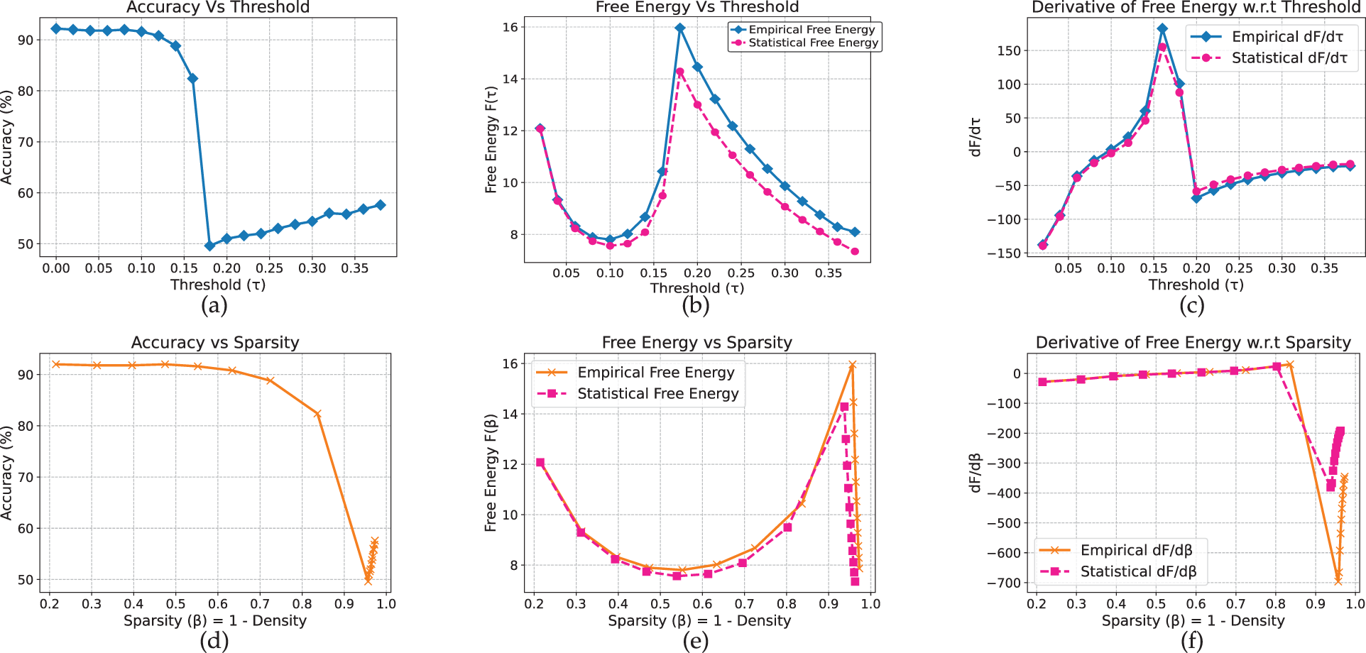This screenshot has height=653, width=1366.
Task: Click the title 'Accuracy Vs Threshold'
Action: click(218, 8)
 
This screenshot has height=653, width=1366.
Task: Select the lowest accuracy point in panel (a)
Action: click(209, 246)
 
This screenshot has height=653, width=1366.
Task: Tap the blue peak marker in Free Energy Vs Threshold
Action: click(680, 28)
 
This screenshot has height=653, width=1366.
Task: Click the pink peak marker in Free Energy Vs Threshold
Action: click(680, 72)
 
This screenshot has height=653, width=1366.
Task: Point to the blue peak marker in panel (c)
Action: click(1162, 29)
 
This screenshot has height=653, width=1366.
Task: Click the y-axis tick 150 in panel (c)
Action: click(1008, 50)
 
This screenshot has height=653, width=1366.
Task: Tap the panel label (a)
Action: click(214, 306)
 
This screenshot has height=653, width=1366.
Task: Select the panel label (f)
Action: click(1191, 642)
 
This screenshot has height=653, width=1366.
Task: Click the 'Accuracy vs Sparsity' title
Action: click(215, 343)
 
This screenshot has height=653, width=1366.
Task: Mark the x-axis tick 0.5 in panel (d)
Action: click(175, 604)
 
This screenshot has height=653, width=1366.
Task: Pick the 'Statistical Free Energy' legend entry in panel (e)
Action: click(657, 394)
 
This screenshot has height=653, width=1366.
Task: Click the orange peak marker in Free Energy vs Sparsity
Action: click(853, 365)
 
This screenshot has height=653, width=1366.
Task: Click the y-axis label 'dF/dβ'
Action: click(976, 473)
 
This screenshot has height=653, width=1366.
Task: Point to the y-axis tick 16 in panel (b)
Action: click(510, 27)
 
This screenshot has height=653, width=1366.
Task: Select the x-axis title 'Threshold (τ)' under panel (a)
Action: click(218, 285)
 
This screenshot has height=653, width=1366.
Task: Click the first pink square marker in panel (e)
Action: click(540, 463)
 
